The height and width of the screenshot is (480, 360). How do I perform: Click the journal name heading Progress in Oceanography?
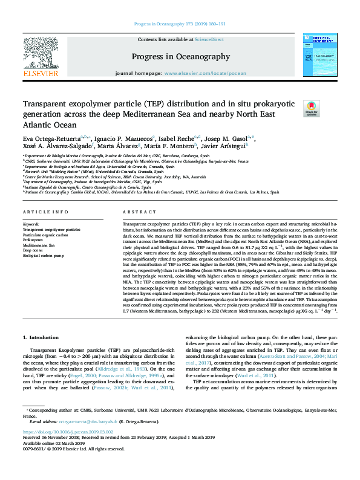pos(179,57)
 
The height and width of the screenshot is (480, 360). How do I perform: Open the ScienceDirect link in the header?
pos(209,39)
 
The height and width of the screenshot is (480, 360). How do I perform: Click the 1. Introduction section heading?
pos(41,336)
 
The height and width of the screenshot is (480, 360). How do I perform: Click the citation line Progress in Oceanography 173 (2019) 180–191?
pos(179,24)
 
